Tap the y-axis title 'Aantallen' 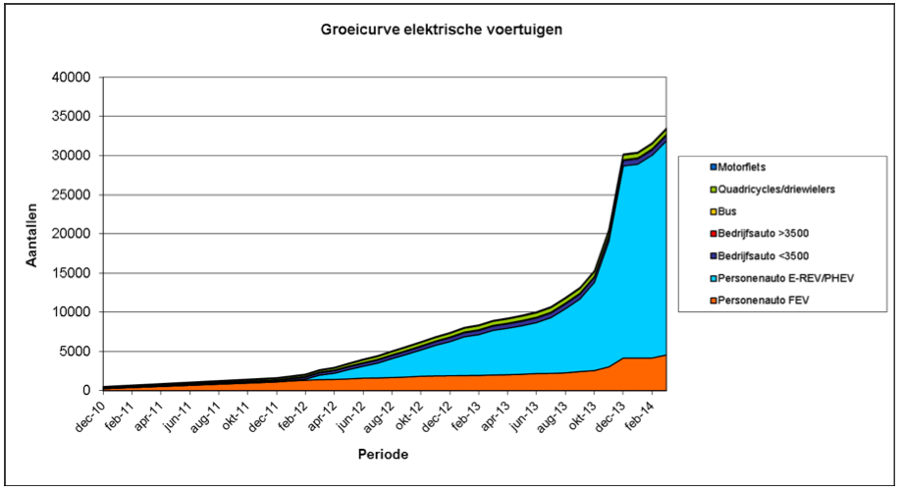point(32,234)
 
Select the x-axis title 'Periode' point(383,455)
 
